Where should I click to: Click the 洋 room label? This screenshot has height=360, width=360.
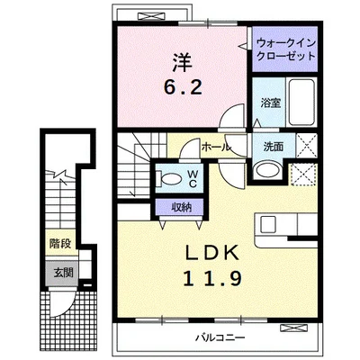point(184,65)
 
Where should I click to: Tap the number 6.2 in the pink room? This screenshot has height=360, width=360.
point(184,89)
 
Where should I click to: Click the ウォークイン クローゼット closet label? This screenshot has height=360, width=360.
point(285,49)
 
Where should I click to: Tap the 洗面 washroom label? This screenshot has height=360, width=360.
point(274,147)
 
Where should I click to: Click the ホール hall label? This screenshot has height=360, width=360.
point(217,146)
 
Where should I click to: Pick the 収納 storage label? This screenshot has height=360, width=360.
point(182,208)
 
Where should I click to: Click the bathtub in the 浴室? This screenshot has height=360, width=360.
point(302,105)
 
